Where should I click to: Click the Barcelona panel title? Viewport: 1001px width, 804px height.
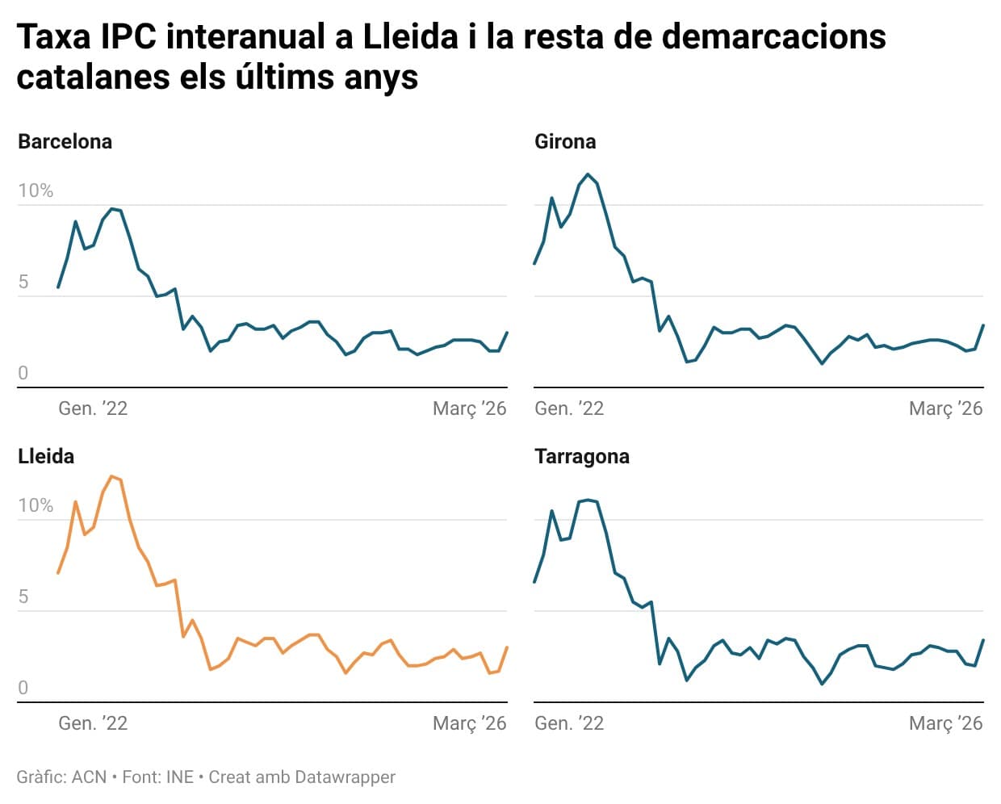65,141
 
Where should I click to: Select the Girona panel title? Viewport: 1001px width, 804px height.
565,141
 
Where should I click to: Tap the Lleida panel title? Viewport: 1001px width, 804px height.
46,456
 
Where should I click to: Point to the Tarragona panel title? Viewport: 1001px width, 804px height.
581,457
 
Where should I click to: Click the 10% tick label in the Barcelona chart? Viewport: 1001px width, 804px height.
36,191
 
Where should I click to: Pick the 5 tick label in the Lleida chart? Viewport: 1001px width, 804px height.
23,597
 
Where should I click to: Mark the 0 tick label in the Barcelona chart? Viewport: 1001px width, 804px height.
23,373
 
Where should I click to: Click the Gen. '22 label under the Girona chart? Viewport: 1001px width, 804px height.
568,408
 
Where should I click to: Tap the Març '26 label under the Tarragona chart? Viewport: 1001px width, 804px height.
945,723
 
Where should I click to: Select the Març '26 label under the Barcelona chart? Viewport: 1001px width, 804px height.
469,408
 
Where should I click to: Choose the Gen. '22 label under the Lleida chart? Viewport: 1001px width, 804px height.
93,723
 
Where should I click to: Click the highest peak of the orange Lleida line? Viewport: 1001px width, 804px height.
111,476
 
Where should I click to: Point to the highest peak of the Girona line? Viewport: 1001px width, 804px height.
588,174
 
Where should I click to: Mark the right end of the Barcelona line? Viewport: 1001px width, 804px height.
507,333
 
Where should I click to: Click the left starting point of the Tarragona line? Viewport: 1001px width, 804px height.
534,582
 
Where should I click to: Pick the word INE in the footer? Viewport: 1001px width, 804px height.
179,777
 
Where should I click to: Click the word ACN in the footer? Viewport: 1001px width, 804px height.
89,777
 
